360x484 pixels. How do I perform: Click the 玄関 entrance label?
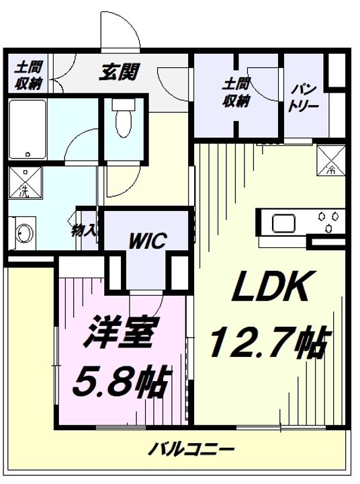[x=120, y=72]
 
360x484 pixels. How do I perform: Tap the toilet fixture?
[x=124, y=118]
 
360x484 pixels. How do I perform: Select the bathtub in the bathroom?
[x=28, y=129]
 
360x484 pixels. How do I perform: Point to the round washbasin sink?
[x=24, y=233]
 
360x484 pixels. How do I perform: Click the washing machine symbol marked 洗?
[x=25, y=182]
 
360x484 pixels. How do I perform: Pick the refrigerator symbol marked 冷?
[x=331, y=160]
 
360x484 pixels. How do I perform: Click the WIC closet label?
[x=148, y=240]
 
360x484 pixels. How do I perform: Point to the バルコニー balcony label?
[x=191, y=449]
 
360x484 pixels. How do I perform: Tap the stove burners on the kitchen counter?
[x=328, y=220]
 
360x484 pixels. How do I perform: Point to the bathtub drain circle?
[x=28, y=154]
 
